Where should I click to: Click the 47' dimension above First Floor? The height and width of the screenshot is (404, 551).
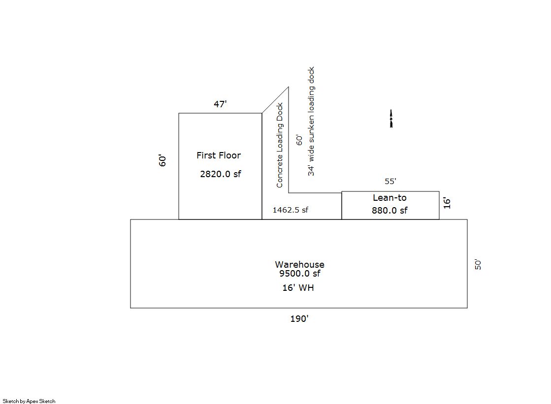coord(220,104)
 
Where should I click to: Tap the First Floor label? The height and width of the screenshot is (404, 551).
coord(219,155)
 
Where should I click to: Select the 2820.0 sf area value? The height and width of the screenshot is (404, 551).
coord(221,174)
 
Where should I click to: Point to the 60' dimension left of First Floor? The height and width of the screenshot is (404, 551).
coord(162,160)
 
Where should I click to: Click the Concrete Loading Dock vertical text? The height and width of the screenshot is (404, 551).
coord(279,145)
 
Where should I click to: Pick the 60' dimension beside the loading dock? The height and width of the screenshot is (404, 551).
coord(299,140)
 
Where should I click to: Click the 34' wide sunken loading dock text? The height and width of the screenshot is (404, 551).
coord(311,121)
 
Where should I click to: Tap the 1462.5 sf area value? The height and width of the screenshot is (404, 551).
coord(290,210)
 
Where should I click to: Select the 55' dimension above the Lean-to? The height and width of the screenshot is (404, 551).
coord(390,181)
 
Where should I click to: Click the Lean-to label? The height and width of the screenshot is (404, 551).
coord(389,198)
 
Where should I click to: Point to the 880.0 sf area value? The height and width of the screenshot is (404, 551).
coord(389,211)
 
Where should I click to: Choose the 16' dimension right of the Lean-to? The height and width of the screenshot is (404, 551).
coord(447,203)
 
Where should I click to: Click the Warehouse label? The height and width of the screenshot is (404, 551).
coord(300,265)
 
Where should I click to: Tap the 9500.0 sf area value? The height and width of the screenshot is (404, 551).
coord(300,273)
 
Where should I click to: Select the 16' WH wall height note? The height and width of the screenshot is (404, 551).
coord(298,288)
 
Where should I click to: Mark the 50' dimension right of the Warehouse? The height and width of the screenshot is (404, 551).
coord(478,265)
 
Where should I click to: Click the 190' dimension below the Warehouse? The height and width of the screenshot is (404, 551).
coord(299,319)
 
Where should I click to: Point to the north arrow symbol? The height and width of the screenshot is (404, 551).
coord(391,119)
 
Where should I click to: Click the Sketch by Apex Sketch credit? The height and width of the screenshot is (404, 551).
coord(29,401)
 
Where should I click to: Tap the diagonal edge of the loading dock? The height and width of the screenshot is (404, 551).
coord(275,100)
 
